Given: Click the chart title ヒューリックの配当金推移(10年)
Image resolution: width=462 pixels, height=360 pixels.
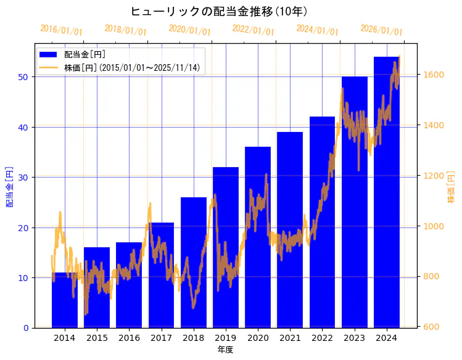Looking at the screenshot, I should [219, 11].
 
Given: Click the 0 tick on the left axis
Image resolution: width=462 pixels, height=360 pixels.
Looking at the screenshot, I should [27, 328].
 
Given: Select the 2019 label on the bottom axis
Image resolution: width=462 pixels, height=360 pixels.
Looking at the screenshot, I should [226, 338].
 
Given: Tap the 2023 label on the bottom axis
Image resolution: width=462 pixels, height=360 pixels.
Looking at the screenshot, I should [354, 338].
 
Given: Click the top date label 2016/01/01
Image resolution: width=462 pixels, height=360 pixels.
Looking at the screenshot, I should [61, 30].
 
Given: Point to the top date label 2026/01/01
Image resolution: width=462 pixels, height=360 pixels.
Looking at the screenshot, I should [381, 30].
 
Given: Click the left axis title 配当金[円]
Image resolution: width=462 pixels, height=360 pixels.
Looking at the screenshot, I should [9, 186].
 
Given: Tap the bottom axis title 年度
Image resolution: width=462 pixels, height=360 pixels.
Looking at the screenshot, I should [225, 350].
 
